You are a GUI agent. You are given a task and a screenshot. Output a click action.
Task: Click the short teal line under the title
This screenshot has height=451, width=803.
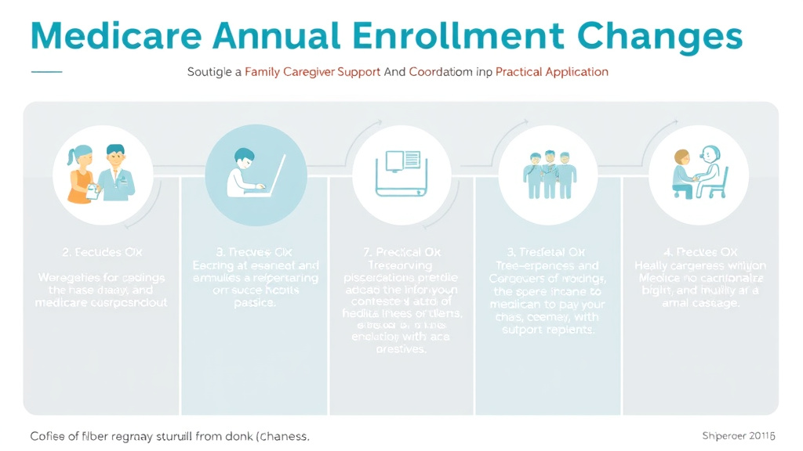(x=46, y=71)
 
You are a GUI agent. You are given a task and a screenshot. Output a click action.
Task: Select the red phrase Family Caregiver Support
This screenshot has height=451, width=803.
(x=313, y=71)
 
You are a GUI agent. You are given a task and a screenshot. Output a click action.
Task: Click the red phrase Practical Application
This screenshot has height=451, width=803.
(x=552, y=71)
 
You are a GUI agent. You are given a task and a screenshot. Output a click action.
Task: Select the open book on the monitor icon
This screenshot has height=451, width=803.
(x=401, y=161)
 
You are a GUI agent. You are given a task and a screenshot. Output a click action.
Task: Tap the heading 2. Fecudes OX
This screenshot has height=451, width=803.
(x=102, y=252)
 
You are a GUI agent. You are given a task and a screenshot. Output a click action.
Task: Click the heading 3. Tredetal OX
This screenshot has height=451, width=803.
(x=547, y=252)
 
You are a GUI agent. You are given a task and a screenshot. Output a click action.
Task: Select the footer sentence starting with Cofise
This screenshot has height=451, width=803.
(x=169, y=435)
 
